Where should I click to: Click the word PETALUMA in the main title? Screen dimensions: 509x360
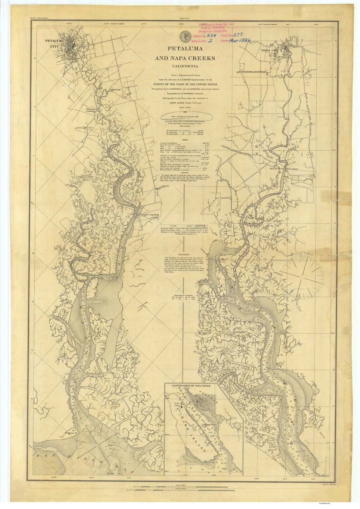(185, 48)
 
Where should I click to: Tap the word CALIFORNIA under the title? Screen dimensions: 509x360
(185, 67)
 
